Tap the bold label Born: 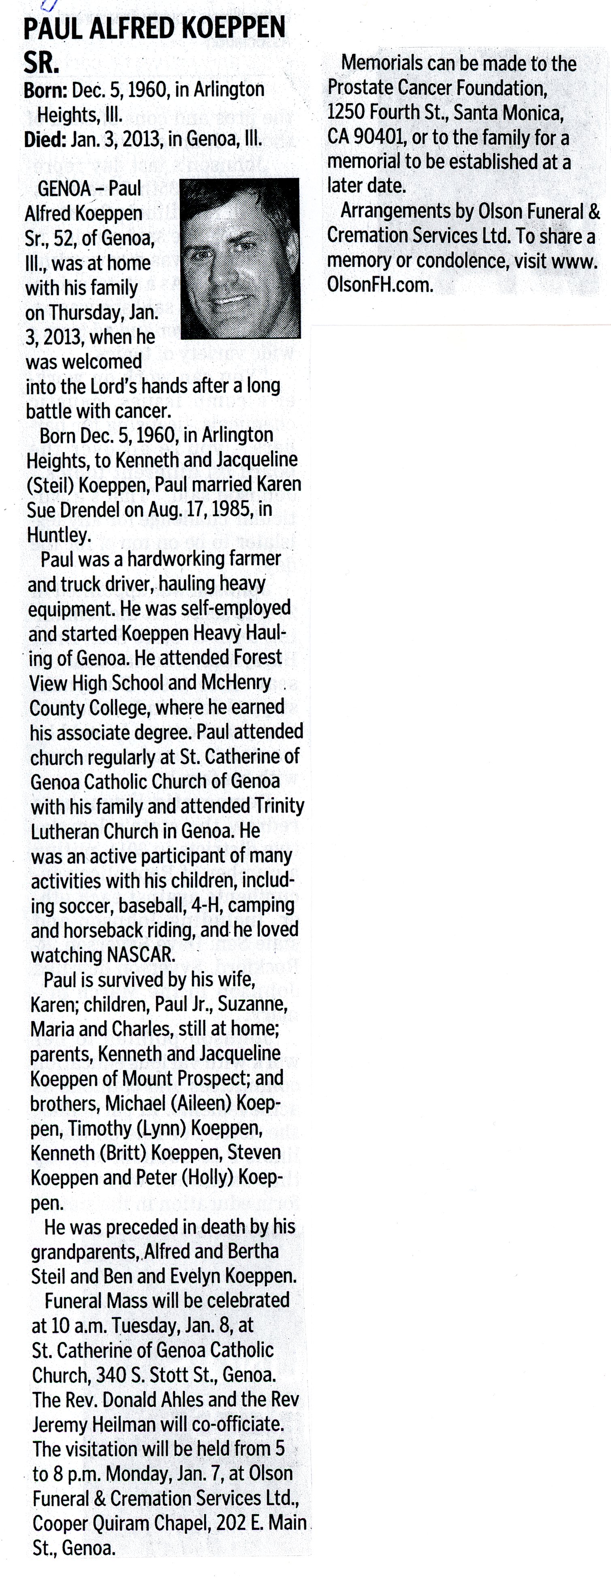click(x=45, y=90)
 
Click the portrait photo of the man click(x=240, y=258)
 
